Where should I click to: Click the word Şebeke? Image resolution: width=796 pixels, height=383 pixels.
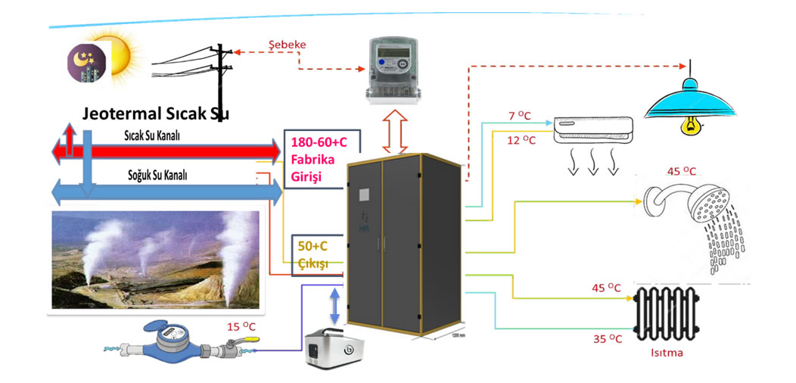[x=288, y=45]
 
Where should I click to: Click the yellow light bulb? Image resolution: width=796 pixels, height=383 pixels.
[x=689, y=125]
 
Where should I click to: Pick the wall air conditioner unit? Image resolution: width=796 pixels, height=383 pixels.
[x=593, y=129]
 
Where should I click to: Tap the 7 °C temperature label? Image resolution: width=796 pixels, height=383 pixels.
[x=519, y=116]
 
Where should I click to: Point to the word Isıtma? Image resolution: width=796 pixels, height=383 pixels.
[x=667, y=352]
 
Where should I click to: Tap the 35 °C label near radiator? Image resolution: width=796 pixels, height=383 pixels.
[x=607, y=339]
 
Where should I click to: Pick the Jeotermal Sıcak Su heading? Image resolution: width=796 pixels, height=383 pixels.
[x=155, y=114]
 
